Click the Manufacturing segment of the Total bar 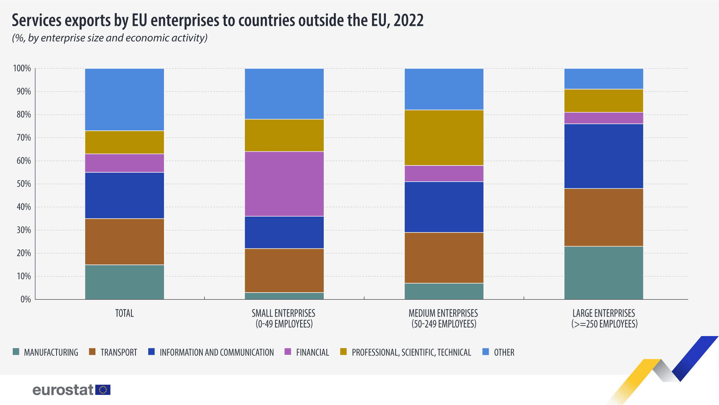[x=124, y=282]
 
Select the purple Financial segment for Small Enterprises [x=284, y=184]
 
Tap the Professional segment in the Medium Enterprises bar [x=444, y=137]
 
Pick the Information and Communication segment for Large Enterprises [x=604, y=156]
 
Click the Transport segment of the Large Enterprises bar [x=604, y=217]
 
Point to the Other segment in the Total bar [x=124, y=100]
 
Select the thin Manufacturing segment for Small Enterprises [x=284, y=296]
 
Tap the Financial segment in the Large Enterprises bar [x=604, y=118]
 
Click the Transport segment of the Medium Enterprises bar [x=444, y=258]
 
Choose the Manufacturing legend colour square [x=16, y=352]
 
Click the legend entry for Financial [x=312, y=353]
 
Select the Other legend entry [x=504, y=353]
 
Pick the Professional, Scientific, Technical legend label [x=411, y=353]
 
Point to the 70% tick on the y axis [x=24, y=138]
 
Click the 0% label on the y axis [x=25, y=299]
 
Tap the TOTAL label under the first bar [x=124, y=313]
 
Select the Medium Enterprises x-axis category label [x=444, y=318]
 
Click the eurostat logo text [x=63, y=390]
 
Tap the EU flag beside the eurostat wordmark [x=103, y=390]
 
